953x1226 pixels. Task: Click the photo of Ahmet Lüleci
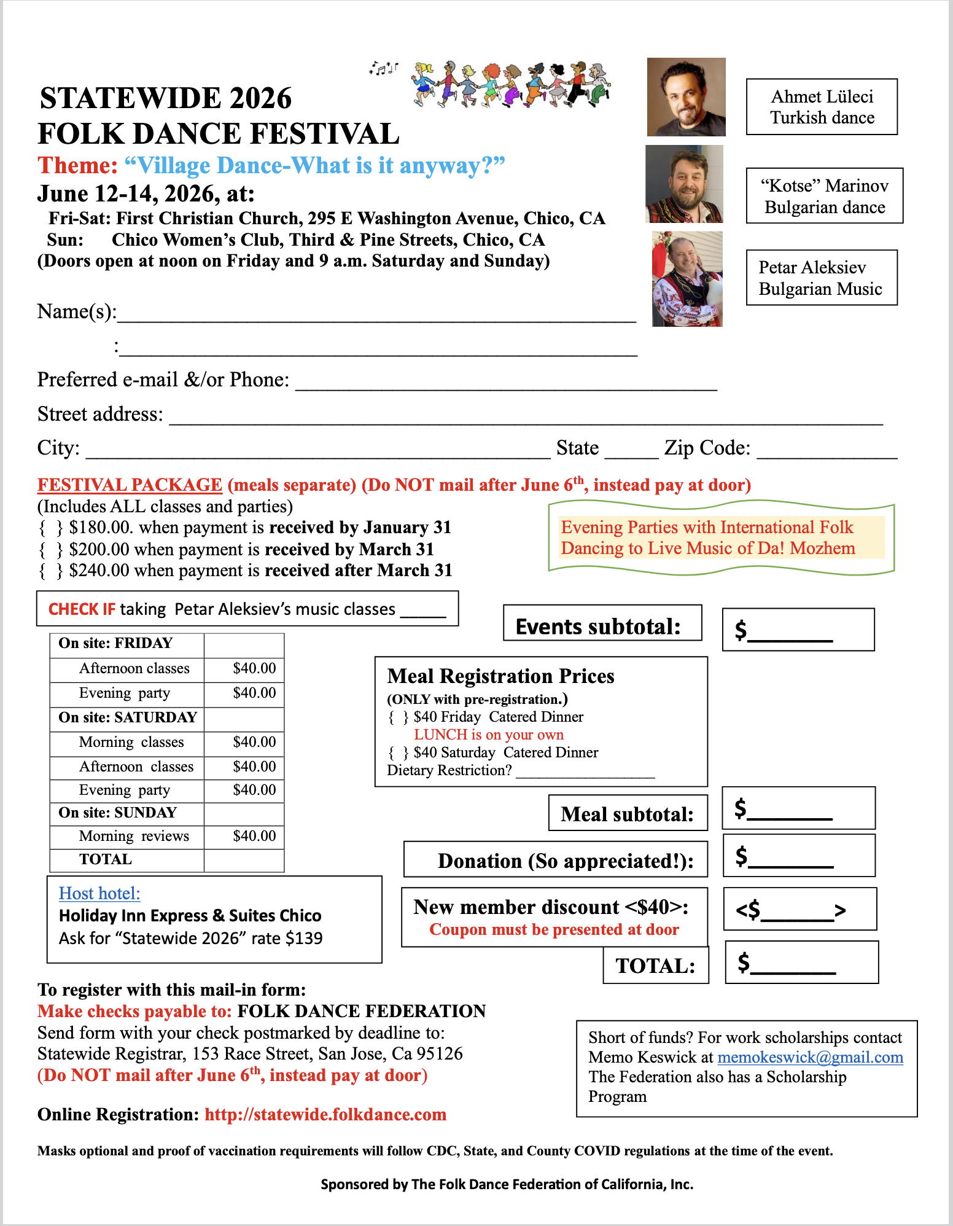[x=686, y=97]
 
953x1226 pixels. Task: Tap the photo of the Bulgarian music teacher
[x=687, y=279]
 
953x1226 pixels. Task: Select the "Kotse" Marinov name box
[x=824, y=196]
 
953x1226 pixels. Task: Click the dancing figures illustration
[x=510, y=84]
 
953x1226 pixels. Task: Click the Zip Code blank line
[x=827, y=451]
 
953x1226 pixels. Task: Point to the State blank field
[x=631, y=451]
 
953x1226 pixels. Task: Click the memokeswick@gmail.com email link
[x=810, y=1057]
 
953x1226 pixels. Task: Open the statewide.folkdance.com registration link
[x=325, y=1114]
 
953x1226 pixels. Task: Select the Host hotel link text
[x=99, y=893]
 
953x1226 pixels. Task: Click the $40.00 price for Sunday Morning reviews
[x=254, y=836]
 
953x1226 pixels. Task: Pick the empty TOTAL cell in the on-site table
[x=244, y=859]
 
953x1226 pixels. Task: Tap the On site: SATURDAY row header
[x=128, y=717]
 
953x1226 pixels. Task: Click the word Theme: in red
[x=77, y=165]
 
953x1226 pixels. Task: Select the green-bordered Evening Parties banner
[x=721, y=538]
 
